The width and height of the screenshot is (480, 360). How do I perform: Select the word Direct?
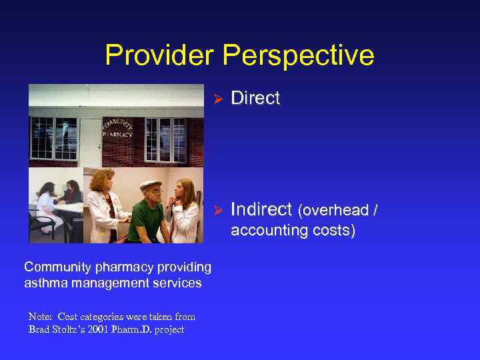(255, 98)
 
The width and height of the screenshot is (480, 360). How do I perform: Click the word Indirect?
(261, 210)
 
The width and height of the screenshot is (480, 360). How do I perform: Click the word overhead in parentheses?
(337, 211)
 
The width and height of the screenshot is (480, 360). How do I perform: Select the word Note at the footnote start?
(41, 317)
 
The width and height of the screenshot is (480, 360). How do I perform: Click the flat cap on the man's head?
(151, 185)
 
